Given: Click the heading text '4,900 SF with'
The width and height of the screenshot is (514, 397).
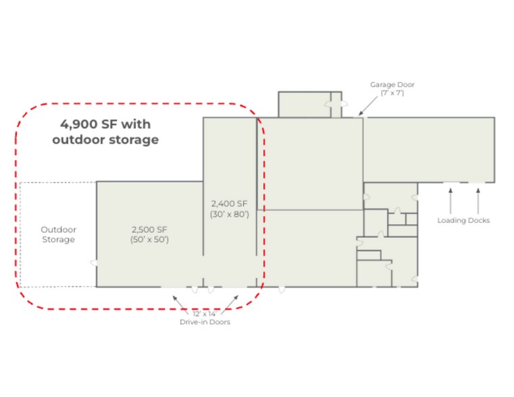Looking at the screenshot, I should [105, 124].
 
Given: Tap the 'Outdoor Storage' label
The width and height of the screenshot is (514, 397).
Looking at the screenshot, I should [58, 234].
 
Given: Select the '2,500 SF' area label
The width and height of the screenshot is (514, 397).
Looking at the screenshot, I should [149, 229].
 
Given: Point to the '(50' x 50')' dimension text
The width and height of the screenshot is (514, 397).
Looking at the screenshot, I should [149, 240].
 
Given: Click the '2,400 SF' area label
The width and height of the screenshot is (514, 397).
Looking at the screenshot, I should [230, 203].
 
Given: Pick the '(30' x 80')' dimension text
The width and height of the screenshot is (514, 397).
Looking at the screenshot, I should [230, 214].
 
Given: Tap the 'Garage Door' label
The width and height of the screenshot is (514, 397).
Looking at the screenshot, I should [392, 84].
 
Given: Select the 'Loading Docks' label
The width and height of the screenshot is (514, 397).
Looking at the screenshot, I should [463, 220].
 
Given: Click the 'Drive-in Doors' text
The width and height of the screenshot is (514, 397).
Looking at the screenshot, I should [205, 322].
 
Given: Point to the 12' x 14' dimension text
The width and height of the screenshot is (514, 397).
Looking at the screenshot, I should [205, 314].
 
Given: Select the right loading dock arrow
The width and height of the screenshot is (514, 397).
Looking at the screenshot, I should [478, 201].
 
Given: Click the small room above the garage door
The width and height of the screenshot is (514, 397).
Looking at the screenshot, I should [305, 105].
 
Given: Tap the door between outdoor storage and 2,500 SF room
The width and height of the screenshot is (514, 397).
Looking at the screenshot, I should [95, 263].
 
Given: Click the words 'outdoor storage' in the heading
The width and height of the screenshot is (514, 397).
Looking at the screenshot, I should [105, 140].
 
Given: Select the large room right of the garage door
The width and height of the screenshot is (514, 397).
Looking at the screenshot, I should [428, 149].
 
